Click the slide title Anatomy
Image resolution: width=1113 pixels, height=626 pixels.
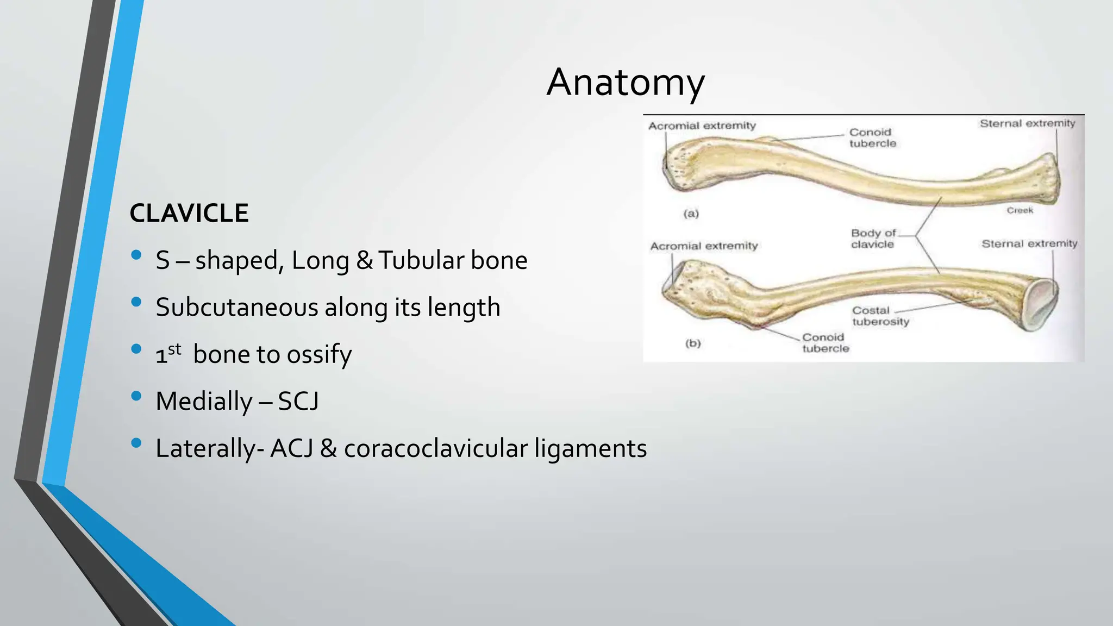626,83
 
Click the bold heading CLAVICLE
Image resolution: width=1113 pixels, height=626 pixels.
189,213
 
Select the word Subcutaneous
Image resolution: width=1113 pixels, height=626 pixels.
236,308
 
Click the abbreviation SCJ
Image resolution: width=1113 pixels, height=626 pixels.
298,402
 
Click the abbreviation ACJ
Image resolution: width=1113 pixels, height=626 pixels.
291,449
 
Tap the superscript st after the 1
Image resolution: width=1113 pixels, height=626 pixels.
174,349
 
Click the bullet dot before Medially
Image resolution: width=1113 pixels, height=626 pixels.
136,396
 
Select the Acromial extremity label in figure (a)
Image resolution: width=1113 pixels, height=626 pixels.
702,126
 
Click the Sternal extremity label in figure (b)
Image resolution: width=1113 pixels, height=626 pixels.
1029,244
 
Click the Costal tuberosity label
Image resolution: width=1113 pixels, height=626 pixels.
880,316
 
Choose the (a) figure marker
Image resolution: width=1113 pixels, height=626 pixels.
691,214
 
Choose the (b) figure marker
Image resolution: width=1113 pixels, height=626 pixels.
692,343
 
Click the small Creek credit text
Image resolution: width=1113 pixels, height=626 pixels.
1020,210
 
